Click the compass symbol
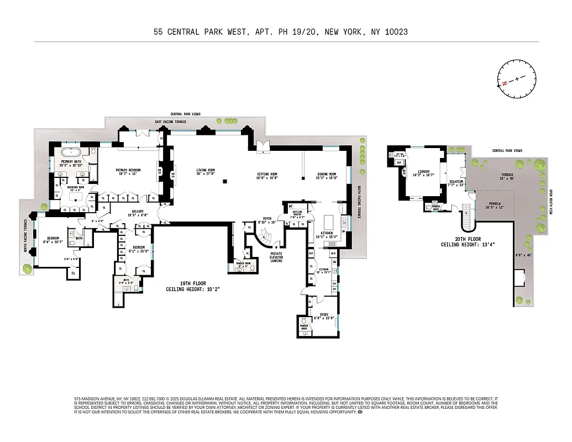(517, 80)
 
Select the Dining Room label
(326, 175)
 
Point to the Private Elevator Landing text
(276, 257)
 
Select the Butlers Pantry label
(297, 214)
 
